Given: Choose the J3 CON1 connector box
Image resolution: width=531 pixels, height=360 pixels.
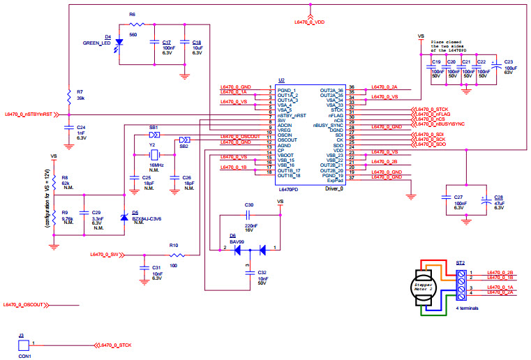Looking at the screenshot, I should coord(23,345).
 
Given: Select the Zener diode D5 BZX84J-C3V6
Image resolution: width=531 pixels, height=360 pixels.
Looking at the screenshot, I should coord(124,218).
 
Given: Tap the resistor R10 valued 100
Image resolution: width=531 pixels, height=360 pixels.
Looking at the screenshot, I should coord(174,255).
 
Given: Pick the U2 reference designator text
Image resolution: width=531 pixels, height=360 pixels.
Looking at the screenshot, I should coord(281,80).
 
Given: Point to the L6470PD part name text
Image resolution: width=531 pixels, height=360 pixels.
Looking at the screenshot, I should coord(288,189).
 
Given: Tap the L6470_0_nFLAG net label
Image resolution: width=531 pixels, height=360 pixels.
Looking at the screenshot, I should coord(432,115).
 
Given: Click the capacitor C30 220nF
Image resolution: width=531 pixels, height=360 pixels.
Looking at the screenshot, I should coord(249,216).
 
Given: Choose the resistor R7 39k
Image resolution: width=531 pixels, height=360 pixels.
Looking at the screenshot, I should coord(68,95).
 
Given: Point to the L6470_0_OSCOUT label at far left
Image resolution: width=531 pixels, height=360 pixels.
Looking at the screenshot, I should coord(23,305).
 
